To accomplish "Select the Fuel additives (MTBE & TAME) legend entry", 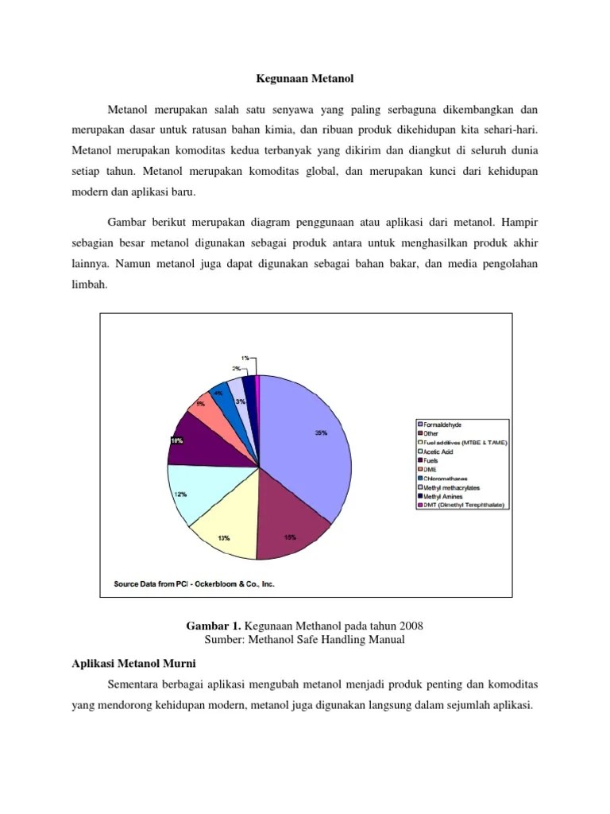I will pos(465,443).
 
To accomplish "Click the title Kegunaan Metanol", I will pos(304,79).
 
